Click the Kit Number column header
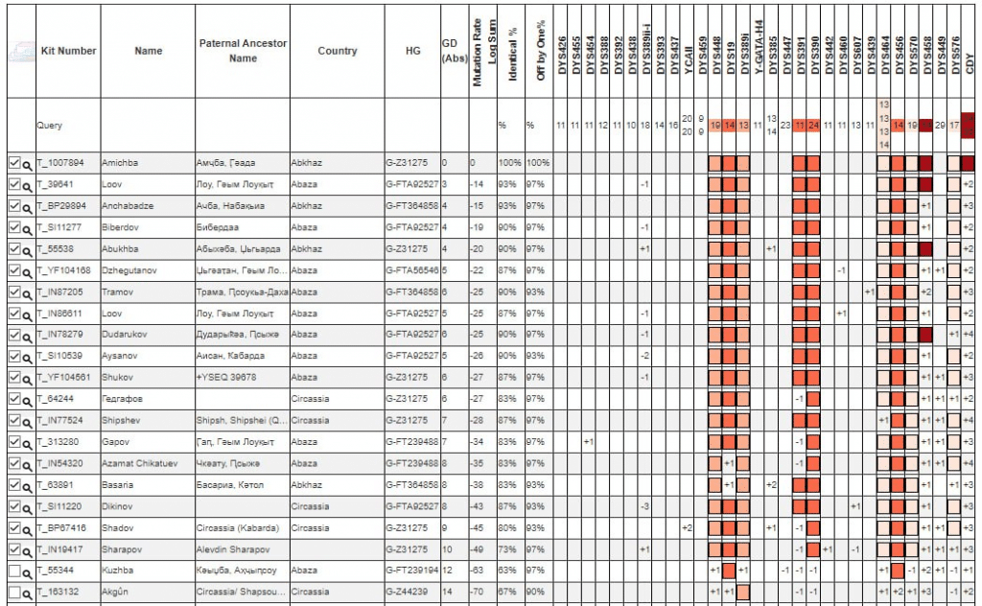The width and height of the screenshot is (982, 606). [x=68, y=51]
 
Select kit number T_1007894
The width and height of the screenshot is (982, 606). [x=60, y=163]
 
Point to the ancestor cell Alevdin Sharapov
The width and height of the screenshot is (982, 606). [x=234, y=548]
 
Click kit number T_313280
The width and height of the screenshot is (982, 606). [x=58, y=442]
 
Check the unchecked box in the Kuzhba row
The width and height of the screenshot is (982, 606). [x=13, y=570]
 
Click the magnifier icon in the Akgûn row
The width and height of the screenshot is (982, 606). [x=28, y=593]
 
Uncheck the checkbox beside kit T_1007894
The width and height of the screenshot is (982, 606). [x=13, y=162]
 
